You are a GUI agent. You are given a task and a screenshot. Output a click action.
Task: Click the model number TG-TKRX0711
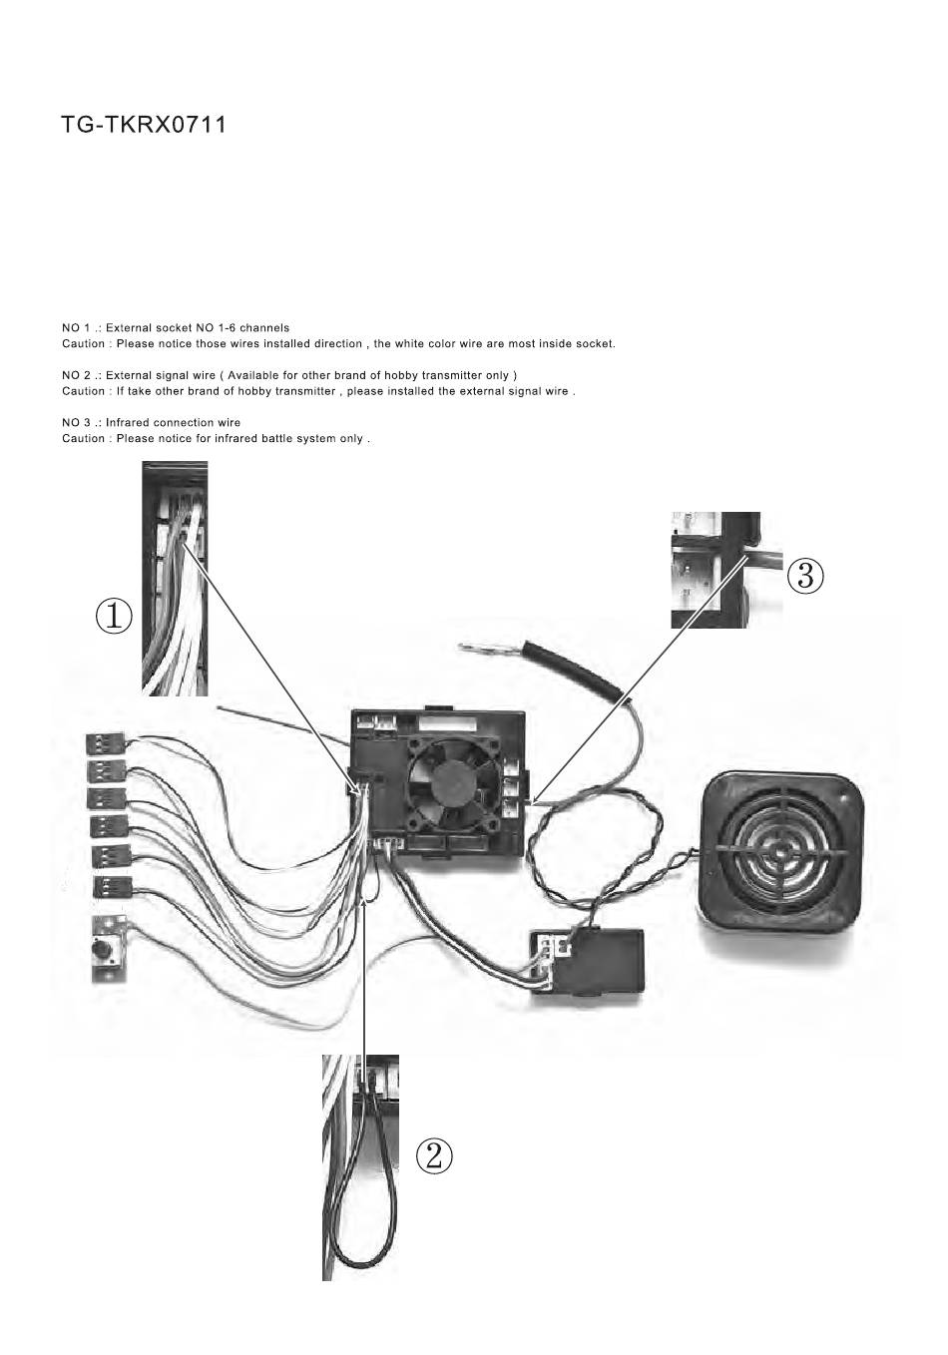coord(144,125)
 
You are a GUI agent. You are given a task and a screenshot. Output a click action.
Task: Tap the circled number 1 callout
coord(114,618)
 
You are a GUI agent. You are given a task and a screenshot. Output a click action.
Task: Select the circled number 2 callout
coord(434,1156)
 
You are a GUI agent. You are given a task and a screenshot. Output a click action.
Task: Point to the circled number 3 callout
coord(805,576)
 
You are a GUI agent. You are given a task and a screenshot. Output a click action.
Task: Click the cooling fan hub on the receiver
coord(451,779)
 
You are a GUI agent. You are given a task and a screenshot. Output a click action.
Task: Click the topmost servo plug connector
coord(107,743)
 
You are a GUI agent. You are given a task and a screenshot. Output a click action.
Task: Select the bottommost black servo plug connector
coord(112,887)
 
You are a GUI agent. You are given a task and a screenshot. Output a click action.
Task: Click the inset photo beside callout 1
coord(175,579)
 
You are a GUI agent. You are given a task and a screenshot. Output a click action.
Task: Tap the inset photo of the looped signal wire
coord(360,1167)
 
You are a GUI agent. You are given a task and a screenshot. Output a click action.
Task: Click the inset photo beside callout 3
coord(726,570)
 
